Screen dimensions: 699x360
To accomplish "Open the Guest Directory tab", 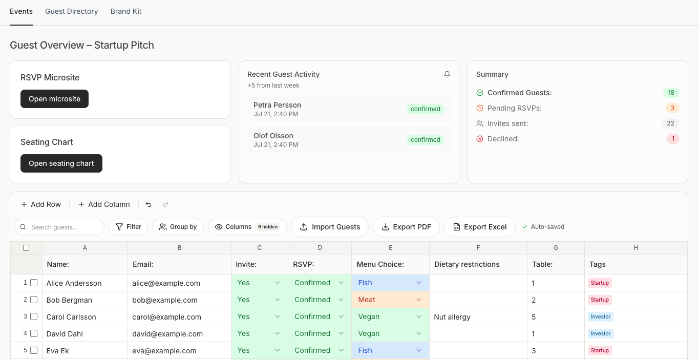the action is (x=72, y=11).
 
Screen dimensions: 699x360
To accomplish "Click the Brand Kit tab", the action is (x=126, y=11).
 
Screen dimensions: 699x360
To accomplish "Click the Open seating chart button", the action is (x=61, y=163).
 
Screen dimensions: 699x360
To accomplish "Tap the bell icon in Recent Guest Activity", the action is (x=447, y=74).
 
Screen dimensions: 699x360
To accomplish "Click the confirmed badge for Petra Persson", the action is (x=426, y=109).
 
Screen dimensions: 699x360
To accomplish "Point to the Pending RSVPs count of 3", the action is (x=672, y=108).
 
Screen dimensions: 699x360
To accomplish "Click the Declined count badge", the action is (x=673, y=138).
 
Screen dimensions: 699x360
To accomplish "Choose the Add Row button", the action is (x=41, y=204).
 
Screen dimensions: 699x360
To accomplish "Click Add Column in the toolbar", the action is (x=104, y=204).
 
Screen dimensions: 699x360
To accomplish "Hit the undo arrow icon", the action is (x=149, y=204).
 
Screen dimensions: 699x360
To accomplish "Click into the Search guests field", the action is (x=59, y=227).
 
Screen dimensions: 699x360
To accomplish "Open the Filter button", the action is (x=128, y=227).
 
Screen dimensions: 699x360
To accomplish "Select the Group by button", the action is (x=178, y=227).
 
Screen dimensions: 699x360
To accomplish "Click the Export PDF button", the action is (x=406, y=227).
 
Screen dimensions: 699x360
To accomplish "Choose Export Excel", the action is (x=480, y=227).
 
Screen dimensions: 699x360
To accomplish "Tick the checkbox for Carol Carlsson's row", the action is (x=34, y=316).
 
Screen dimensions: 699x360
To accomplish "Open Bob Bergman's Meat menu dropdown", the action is (x=390, y=300).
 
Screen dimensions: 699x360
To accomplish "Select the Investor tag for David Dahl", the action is (x=600, y=333).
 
